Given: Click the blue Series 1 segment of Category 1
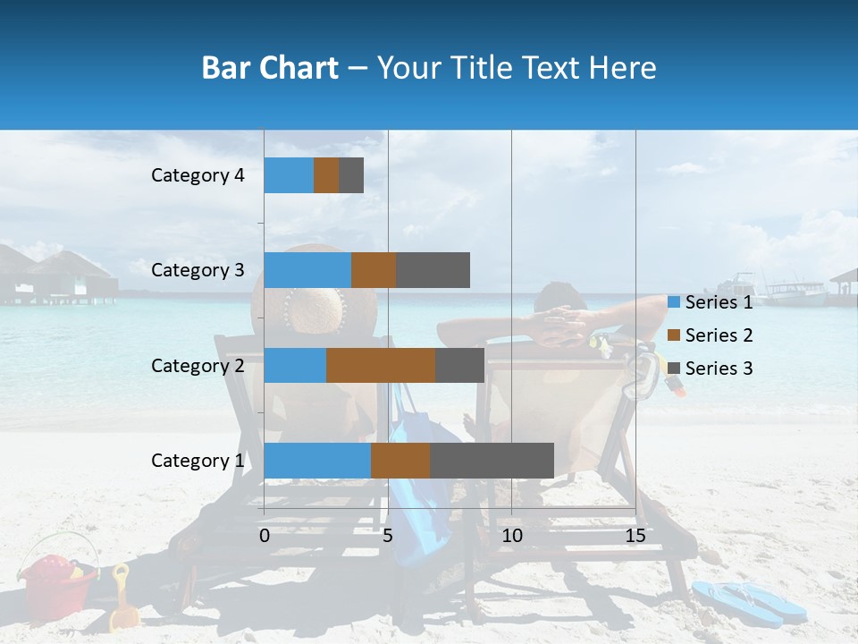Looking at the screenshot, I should tap(316, 460).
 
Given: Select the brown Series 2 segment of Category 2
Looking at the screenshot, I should tap(380, 365).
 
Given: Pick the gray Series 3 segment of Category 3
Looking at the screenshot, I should tap(433, 270).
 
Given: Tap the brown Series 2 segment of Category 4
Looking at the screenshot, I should tap(326, 175).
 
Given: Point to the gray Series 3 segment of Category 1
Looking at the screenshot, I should tap(492, 460).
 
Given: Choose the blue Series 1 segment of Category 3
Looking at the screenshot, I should tap(307, 270).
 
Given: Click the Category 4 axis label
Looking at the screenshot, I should tap(198, 175).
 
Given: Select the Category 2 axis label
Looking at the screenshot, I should tap(198, 365).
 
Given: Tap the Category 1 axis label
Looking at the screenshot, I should tap(198, 461).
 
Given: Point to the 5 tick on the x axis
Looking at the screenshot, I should tap(388, 536).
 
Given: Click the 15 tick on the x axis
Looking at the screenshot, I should tap(635, 536).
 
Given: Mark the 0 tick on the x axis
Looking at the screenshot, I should tap(265, 536).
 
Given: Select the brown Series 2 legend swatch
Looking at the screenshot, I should tap(673, 335).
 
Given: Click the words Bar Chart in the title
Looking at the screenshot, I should tap(270, 68).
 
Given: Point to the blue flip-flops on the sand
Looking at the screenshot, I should tap(749, 600).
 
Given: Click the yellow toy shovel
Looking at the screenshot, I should tap(121, 599).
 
